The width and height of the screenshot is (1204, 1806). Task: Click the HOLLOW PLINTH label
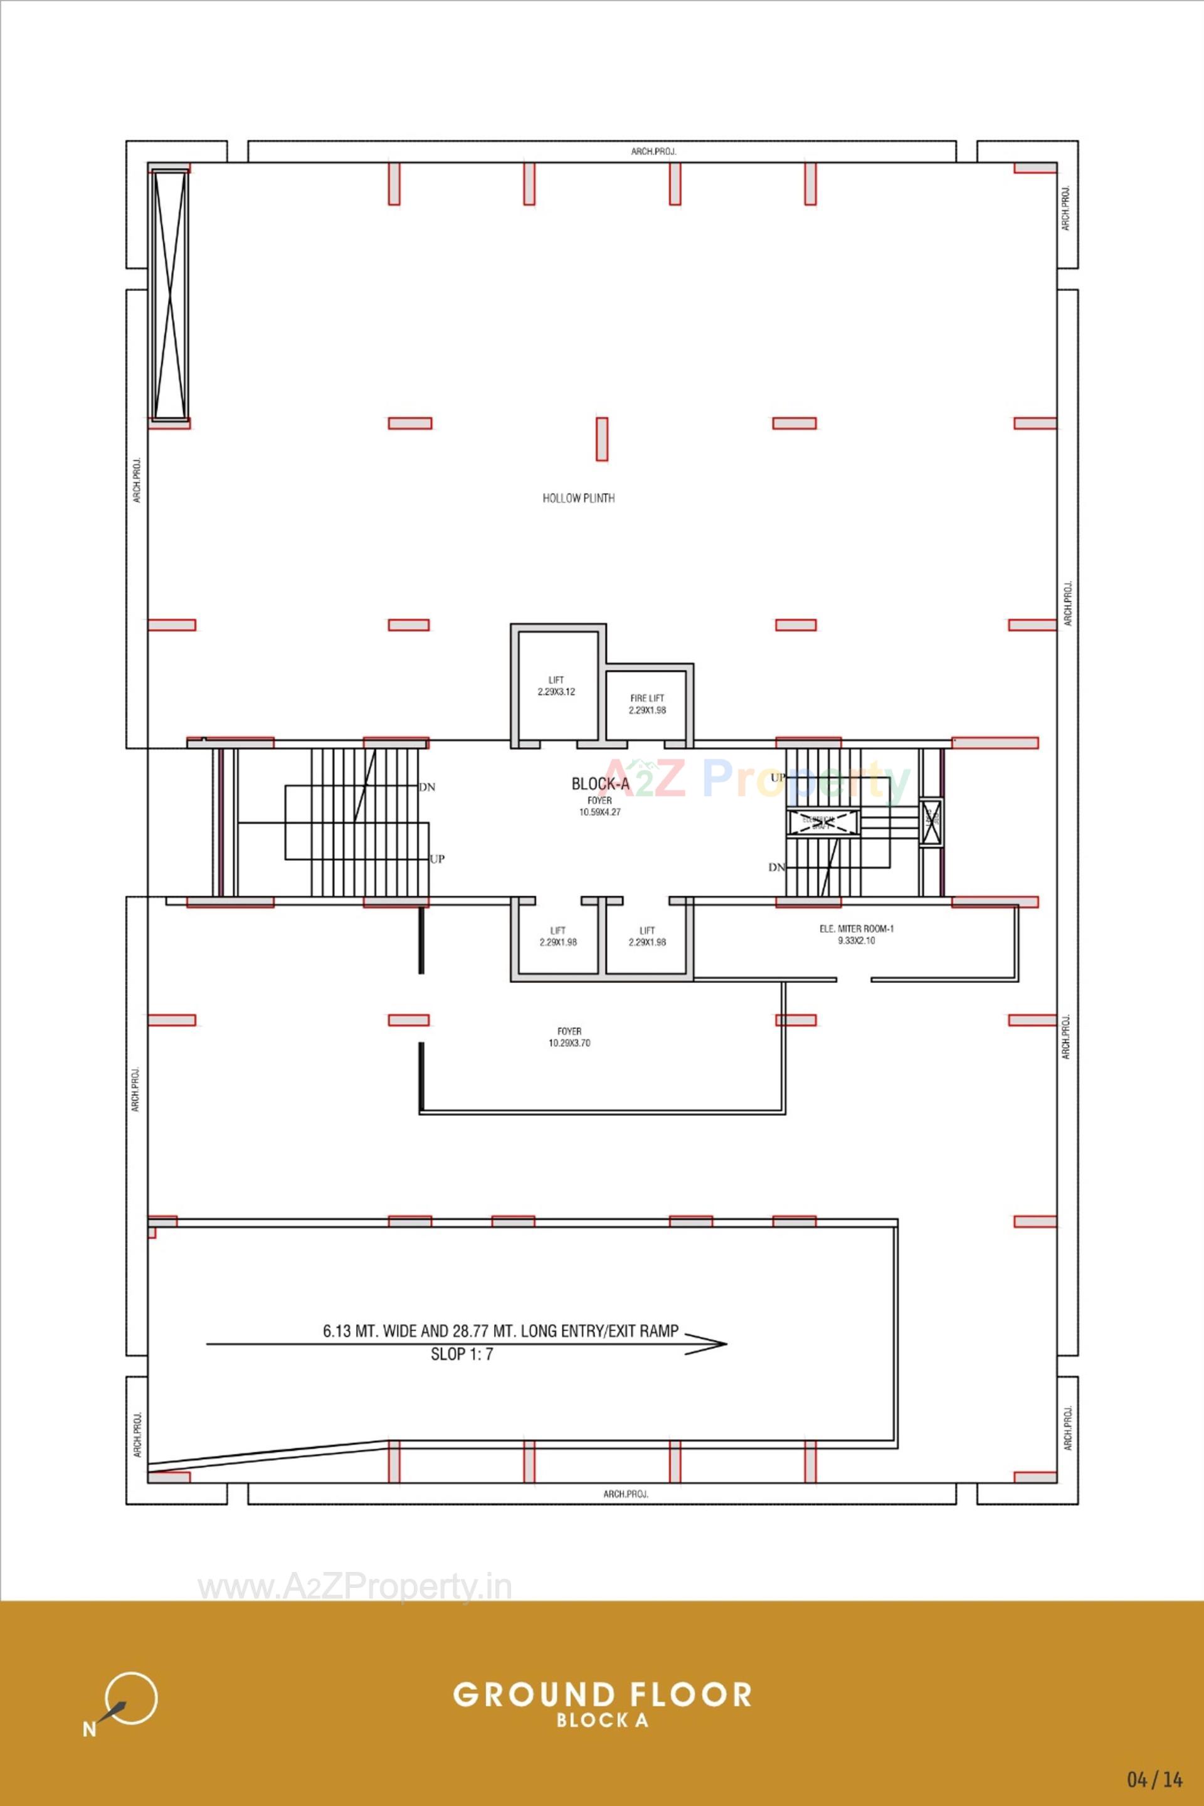(x=578, y=498)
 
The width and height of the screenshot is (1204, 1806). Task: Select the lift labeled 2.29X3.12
(x=556, y=685)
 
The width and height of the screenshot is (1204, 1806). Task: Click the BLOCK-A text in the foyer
(x=599, y=783)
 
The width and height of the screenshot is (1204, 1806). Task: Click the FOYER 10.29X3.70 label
(x=569, y=1036)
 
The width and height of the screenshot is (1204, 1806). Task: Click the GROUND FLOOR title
(x=602, y=1694)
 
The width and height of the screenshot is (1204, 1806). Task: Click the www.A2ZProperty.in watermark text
(x=355, y=1586)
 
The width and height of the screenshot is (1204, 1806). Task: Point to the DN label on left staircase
(x=427, y=787)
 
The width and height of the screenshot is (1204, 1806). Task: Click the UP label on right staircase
(x=778, y=777)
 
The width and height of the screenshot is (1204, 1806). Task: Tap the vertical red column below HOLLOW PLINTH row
(x=602, y=438)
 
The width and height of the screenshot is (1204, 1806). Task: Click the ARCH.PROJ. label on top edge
(x=653, y=151)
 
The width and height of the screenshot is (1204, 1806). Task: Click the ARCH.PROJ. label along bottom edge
(x=625, y=1494)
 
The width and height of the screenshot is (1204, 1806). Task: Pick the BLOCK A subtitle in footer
(x=602, y=1720)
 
